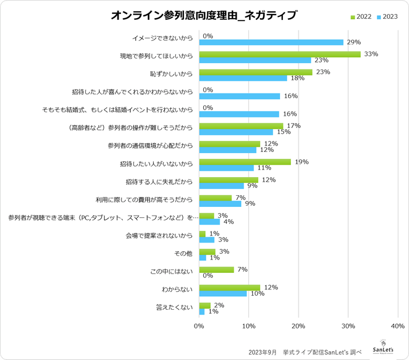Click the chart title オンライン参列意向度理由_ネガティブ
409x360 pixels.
click(x=204, y=16)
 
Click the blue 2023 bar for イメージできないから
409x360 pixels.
click(x=271, y=42)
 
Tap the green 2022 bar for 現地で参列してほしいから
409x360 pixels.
click(x=280, y=54)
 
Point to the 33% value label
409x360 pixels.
click(x=370, y=54)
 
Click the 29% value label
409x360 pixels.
click(x=353, y=42)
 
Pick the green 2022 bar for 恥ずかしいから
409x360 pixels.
click(x=256, y=72)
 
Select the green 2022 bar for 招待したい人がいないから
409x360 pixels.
click(x=245, y=161)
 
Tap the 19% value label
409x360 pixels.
click(x=301, y=161)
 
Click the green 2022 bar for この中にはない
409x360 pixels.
click(x=216, y=269)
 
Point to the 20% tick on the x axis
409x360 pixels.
click(x=299, y=326)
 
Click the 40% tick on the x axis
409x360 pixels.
click(x=398, y=326)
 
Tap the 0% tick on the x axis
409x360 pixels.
click(x=199, y=326)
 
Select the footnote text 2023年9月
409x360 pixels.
click(x=262, y=352)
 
